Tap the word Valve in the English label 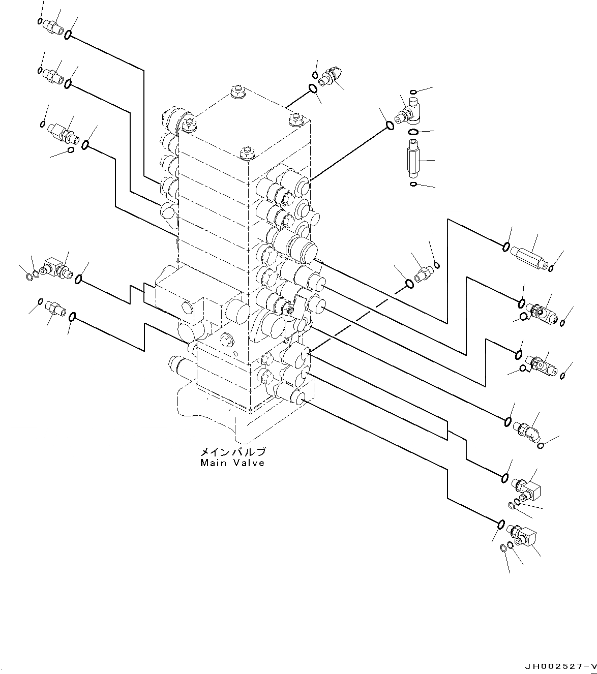(x=247, y=463)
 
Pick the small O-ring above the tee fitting (x=413, y=92)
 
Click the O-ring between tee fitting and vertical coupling (x=414, y=133)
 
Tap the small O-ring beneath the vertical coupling (x=414, y=183)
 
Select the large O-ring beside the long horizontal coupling (x=506, y=247)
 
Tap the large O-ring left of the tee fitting (x=389, y=125)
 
